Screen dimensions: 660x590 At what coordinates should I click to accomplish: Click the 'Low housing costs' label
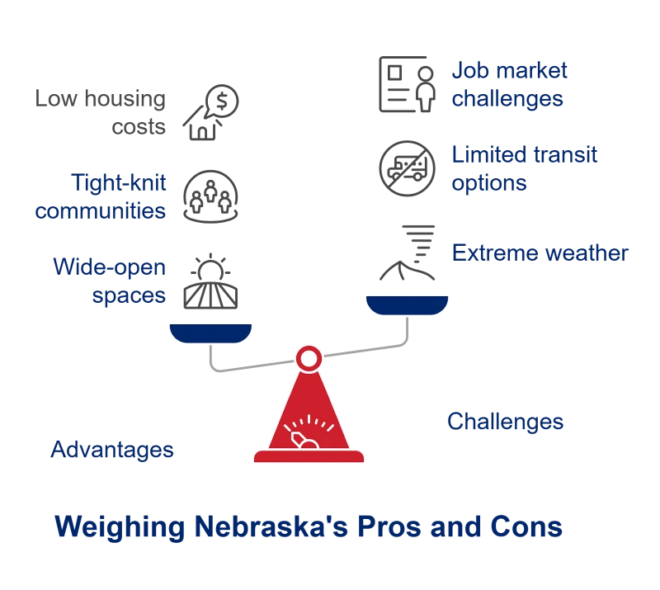coord(100,112)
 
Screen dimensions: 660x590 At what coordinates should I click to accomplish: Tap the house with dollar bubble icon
coord(210,112)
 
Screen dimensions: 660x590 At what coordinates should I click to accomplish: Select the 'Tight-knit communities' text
coord(100,196)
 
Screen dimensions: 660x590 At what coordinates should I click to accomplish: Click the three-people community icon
coord(210,196)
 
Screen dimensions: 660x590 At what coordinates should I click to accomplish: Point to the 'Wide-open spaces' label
coord(110,281)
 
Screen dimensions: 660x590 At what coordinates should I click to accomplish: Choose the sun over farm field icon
coord(210,281)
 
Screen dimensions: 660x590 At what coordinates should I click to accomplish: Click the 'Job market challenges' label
coord(509,84)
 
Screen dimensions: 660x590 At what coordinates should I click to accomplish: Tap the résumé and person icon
coord(407,84)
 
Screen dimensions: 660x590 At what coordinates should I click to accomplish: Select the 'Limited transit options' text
coord(524,168)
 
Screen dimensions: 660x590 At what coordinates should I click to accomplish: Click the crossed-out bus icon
coord(407,168)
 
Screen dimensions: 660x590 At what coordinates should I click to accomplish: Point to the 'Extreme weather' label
coord(540,253)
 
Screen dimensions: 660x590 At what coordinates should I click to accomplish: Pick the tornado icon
coord(407,253)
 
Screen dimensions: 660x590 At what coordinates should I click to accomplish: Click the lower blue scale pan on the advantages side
coord(210,333)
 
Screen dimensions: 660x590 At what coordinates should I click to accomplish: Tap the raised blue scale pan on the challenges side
coord(407,305)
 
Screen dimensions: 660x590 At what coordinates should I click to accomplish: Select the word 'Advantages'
coord(112,450)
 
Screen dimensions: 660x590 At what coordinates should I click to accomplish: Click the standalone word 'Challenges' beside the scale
coord(505,421)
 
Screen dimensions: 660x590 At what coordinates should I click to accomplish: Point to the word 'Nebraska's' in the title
coord(271,526)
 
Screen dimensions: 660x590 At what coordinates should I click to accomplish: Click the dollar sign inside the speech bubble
coord(222,101)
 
